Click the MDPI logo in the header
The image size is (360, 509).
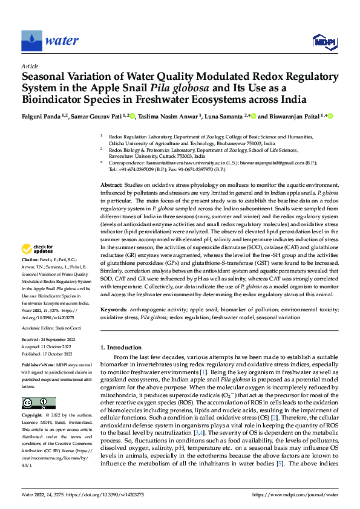(x=324, y=41)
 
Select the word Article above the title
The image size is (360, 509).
(x=29, y=66)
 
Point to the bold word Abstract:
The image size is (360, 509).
(x=111, y=184)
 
